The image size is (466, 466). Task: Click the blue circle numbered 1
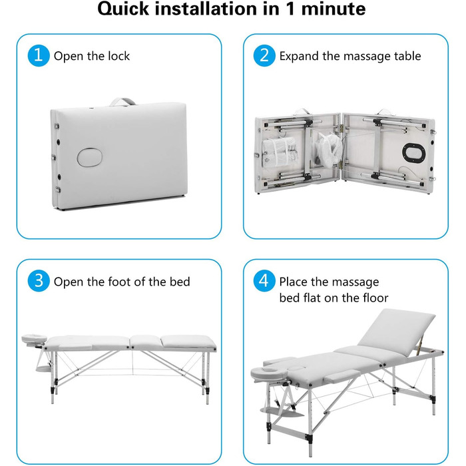(x=39, y=55)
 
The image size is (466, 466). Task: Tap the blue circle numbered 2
(x=264, y=55)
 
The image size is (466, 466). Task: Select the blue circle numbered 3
(x=39, y=281)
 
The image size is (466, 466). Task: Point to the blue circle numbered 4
(x=264, y=281)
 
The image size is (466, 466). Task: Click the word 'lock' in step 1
(x=118, y=56)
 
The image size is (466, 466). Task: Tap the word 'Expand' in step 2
(x=299, y=56)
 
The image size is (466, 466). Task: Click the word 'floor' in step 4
(x=375, y=298)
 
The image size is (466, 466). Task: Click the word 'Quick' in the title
(x=123, y=9)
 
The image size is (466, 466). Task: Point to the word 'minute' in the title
(x=334, y=9)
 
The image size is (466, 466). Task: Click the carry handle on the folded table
(x=122, y=101)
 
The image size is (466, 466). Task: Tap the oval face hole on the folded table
(x=90, y=156)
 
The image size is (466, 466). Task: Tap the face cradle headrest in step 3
(x=35, y=338)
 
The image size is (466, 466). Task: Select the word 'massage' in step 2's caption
(x=367, y=56)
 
